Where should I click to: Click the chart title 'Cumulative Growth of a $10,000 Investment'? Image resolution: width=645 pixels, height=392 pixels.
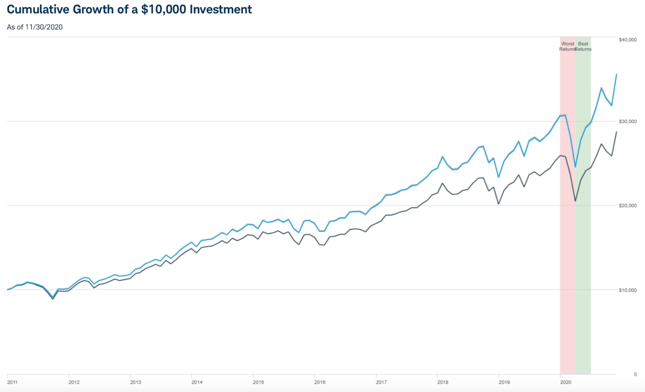129,10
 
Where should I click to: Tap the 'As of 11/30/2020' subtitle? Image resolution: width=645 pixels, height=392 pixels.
35,27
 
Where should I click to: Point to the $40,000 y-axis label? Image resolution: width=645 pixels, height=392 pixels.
627,40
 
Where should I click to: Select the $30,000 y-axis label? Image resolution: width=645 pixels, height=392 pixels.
627,122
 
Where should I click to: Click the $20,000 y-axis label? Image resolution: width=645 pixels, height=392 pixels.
627,206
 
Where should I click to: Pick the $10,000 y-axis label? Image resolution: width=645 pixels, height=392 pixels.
627,290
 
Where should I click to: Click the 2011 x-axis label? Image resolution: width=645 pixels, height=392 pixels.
12,382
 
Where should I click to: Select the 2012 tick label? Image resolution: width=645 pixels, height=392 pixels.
74,382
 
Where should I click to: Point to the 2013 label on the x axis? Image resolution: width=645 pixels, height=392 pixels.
135,382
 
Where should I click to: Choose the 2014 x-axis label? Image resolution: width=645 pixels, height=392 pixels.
197,382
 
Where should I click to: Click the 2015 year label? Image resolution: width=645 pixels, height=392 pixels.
258,382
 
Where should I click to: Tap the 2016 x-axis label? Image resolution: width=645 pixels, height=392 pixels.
320,382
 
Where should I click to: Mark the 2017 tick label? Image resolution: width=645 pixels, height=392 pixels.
381,382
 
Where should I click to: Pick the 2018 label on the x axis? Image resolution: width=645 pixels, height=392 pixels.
443,382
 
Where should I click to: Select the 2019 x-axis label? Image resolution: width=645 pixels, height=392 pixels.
504,382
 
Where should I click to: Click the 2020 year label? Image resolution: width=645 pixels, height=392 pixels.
566,382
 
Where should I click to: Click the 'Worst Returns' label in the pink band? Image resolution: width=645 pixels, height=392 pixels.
567,47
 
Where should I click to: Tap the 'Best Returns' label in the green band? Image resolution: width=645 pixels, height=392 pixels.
583,47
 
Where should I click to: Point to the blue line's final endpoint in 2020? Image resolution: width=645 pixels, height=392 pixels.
616,74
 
